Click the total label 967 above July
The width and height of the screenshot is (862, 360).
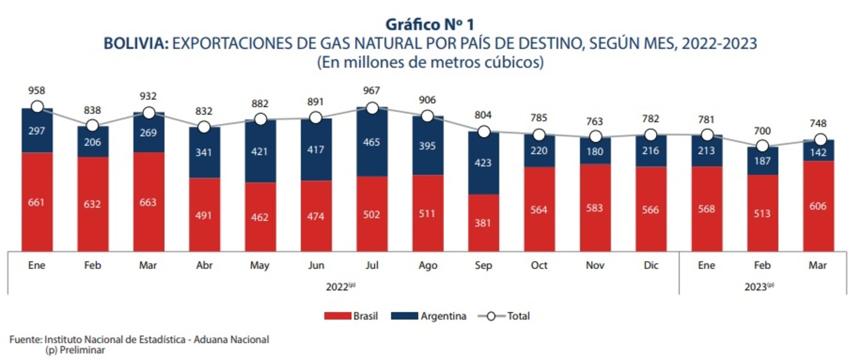[371, 90]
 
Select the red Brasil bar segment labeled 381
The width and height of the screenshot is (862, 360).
[483, 222]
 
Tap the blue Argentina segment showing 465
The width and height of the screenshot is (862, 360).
[371, 142]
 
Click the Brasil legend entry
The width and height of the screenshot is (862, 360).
[350, 316]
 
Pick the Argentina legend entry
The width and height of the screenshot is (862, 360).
[435, 316]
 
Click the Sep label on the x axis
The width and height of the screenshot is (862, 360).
[483, 266]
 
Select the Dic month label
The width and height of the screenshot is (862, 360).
[650, 266]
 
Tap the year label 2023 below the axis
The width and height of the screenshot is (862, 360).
[759, 287]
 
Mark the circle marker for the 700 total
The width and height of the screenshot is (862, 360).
[762, 146]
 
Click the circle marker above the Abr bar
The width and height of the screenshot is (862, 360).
[204, 127]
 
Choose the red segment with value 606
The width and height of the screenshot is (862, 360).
[818, 206]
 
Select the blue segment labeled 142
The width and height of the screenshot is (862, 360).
[818, 151]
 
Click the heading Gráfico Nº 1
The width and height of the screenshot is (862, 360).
[430, 25]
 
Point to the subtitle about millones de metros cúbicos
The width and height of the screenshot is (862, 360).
[430, 63]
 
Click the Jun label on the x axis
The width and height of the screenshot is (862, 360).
[315, 266]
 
